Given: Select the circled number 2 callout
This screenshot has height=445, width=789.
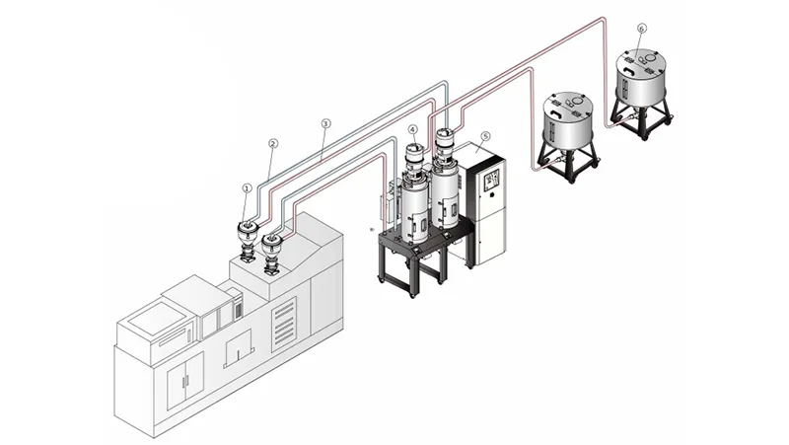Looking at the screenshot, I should click(x=273, y=143).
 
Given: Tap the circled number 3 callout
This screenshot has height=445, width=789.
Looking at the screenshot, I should click(x=326, y=124).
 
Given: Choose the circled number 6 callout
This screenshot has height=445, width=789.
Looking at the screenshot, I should click(x=642, y=31).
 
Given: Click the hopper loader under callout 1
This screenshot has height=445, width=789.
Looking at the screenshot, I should click(x=245, y=237).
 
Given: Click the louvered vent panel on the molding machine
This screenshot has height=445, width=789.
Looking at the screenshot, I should click(x=286, y=321).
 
